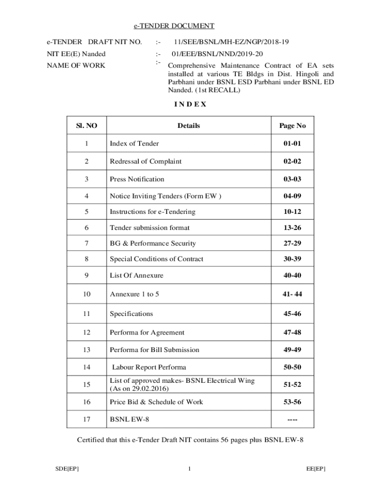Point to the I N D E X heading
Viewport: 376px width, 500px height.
click(190, 104)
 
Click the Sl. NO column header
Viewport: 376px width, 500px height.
click(87, 125)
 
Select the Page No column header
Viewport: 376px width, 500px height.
click(292, 125)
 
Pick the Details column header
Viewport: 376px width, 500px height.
click(188, 125)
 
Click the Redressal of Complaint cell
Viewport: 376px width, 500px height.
click(146, 161)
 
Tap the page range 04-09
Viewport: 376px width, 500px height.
click(292, 196)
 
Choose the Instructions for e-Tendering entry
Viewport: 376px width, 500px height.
click(152, 211)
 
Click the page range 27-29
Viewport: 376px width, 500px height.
click(292, 243)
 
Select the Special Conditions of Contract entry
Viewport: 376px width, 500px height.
click(156, 259)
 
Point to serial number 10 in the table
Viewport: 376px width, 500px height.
click(87, 294)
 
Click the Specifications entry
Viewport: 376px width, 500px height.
click(131, 313)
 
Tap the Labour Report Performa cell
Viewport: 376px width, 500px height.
click(149, 367)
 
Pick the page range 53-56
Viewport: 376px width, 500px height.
click(292, 402)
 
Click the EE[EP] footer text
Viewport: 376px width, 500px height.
click(316, 469)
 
